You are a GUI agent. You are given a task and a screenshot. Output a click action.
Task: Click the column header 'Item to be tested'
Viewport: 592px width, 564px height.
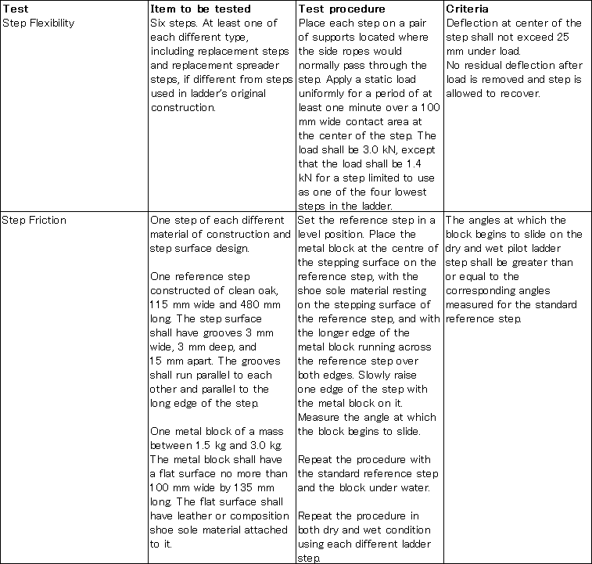(x=200, y=9)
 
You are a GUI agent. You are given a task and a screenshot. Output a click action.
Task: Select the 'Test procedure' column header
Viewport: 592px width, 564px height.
(x=341, y=9)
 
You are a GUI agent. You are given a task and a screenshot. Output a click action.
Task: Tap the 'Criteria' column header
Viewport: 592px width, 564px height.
(x=468, y=9)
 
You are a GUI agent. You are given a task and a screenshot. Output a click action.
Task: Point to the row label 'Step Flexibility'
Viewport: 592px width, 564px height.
(x=39, y=23)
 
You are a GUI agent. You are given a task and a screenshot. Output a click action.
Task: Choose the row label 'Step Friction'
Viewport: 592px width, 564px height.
(x=35, y=220)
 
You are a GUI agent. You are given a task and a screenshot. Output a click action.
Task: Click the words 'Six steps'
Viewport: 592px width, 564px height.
(x=171, y=23)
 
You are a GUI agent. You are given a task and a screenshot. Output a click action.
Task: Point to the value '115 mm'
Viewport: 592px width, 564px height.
(x=167, y=304)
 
